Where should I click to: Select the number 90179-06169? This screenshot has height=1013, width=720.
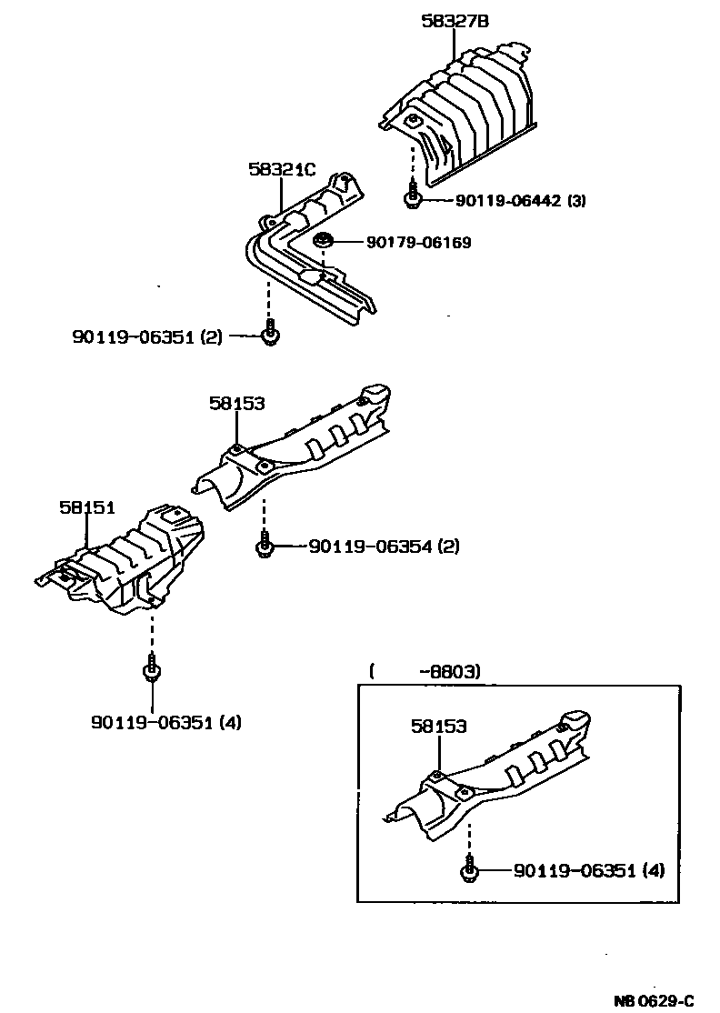(x=419, y=243)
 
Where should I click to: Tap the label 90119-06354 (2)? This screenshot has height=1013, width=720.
(x=384, y=547)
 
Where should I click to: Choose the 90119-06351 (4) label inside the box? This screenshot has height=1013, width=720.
(x=589, y=870)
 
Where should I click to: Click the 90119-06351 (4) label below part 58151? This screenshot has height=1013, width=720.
(x=165, y=723)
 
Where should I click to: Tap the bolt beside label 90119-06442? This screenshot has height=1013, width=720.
(x=413, y=198)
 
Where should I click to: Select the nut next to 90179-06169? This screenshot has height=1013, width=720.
(x=323, y=241)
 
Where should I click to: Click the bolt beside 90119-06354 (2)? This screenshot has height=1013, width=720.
(x=264, y=545)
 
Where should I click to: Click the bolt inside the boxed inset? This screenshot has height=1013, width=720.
(x=469, y=868)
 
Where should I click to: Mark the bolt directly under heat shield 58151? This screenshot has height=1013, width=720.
(x=152, y=668)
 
